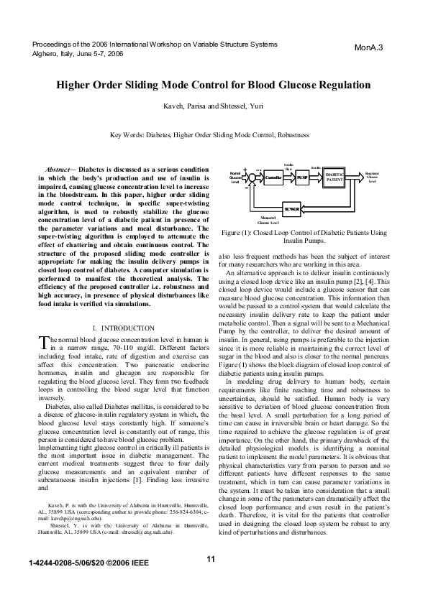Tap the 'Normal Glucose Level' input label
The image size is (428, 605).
coord(235,177)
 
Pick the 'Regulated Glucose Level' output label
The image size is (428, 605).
coord(372,177)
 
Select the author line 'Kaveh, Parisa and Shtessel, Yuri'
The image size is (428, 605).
coord(214,108)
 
